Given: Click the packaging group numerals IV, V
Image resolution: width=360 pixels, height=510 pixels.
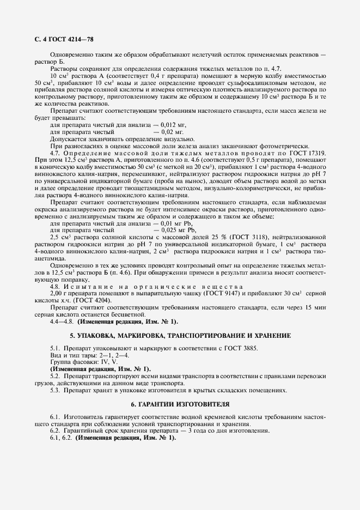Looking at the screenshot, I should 102,362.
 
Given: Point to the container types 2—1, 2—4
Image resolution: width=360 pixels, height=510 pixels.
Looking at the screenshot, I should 110,355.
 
